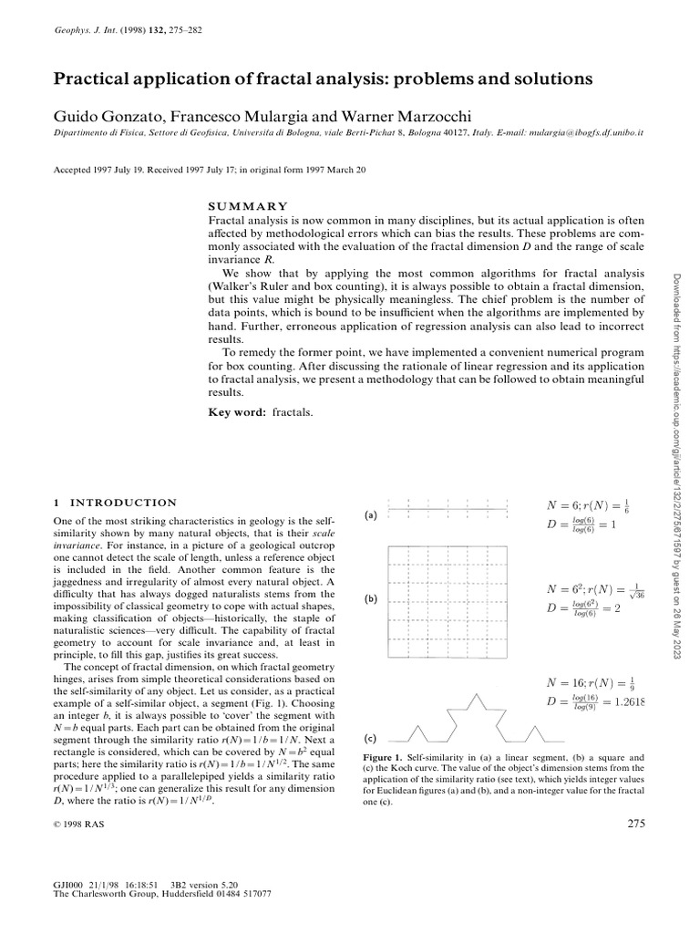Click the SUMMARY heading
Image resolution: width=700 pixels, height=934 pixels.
pyautogui.click(x=249, y=207)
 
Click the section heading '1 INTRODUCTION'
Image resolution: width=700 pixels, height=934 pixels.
pyautogui.click(x=117, y=503)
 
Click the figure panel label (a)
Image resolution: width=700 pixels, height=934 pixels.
pyautogui.click(x=371, y=515)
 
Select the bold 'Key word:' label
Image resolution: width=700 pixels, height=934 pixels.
pyautogui.click(x=238, y=413)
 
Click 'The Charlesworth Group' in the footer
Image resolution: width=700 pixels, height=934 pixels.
pyautogui.click(x=105, y=893)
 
